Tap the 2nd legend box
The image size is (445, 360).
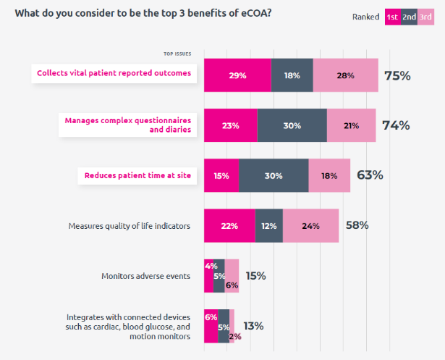click(409, 17)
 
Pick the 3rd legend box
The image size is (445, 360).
click(425, 17)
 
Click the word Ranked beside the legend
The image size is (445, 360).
click(365, 17)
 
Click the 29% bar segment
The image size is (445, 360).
click(237, 75)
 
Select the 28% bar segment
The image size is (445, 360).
click(345, 75)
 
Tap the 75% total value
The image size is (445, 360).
click(397, 75)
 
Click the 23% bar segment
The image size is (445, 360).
click(230, 125)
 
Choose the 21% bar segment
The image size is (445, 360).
click(351, 125)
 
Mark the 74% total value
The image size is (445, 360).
click(396, 125)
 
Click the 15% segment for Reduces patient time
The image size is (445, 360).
click(221, 175)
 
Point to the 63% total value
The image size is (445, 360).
click(370, 175)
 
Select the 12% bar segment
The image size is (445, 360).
click(268, 225)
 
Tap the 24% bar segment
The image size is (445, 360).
click(310, 225)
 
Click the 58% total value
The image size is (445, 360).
click(357, 225)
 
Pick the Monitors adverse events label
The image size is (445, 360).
click(146, 276)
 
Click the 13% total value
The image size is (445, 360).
click(253, 326)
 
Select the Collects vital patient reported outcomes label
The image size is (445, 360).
click(114, 72)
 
